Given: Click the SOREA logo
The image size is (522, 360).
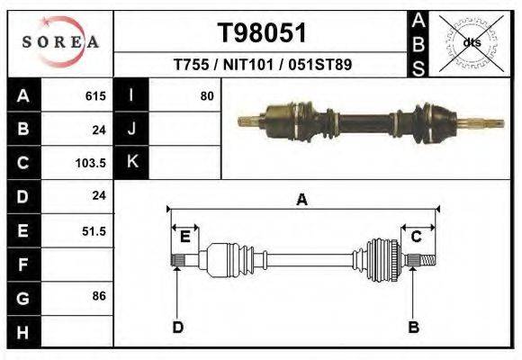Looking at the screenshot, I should tap(60, 42).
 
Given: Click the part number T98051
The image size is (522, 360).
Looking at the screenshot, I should tap(262, 32).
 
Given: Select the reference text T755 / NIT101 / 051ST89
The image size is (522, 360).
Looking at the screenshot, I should tap(262, 65).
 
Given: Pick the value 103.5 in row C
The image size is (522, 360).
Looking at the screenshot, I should tap(92, 163).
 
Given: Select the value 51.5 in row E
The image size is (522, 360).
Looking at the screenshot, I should tap(94, 230).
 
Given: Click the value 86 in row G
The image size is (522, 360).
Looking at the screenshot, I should tap(97, 295).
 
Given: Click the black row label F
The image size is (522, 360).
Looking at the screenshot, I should tap(22, 265).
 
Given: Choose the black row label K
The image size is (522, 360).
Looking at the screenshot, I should tap(131, 163).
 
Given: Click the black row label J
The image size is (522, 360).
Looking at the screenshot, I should tap(131, 130).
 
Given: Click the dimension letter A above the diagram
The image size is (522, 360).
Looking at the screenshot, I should tap(301, 200).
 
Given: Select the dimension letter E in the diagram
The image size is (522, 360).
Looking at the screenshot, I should tap(184, 237).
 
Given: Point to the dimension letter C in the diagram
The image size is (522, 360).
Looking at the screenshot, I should tap(416, 237).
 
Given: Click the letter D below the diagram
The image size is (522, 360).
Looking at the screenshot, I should tap(177, 327).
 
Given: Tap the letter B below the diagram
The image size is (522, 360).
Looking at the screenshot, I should tap(414, 327).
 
